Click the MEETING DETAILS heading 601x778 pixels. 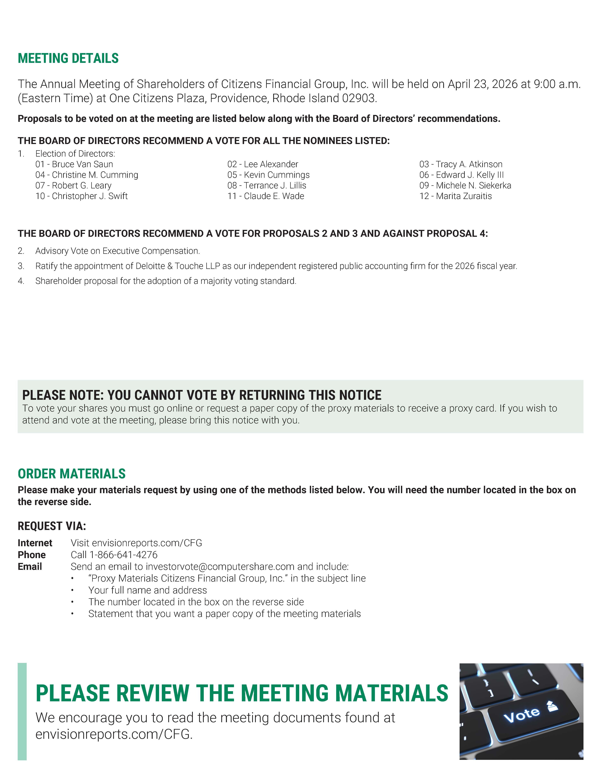[68, 58]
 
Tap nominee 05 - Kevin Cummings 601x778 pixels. [269, 175]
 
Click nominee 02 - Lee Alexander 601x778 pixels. [263, 164]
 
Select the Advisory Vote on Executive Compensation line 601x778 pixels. [117, 251]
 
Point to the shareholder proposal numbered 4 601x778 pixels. [166, 281]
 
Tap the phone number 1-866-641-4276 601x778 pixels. [123, 555]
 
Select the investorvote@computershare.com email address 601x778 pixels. [220, 566]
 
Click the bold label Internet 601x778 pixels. [35, 543]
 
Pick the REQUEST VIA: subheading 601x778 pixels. [52, 526]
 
